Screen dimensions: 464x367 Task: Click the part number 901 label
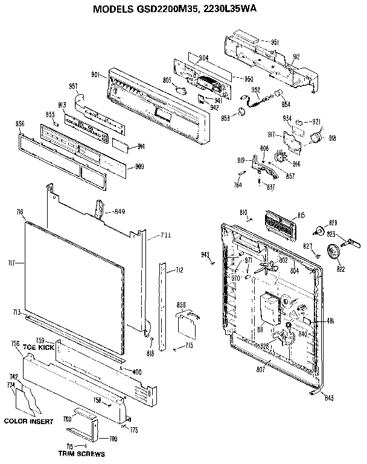(x=95, y=74)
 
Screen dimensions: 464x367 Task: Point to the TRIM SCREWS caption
(x=82, y=453)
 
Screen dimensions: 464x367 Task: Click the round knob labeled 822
(x=332, y=250)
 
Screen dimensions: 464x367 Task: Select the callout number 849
(x=119, y=211)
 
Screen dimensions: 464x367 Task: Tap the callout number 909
(x=139, y=166)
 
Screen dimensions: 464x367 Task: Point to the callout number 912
(x=296, y=58)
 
